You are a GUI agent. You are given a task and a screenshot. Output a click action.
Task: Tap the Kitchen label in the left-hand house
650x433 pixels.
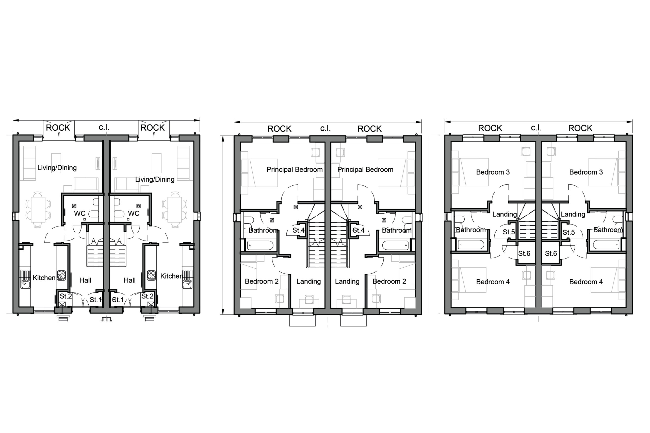click(44, 278)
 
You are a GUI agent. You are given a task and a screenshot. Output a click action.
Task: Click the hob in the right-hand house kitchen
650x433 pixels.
click(151, 275)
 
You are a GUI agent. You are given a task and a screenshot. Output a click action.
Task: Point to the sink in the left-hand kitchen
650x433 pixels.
click(25, 279)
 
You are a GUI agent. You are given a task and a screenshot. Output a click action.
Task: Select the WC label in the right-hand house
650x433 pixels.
click(134, 214)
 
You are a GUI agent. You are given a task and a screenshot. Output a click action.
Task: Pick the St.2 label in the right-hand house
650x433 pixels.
click(147, 296)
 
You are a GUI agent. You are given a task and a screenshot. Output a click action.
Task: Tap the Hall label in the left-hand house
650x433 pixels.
click(85, 281)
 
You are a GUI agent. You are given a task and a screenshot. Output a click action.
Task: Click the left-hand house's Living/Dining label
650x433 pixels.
click(57, 168)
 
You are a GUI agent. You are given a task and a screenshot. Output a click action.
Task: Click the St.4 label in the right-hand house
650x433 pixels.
click(359, 230)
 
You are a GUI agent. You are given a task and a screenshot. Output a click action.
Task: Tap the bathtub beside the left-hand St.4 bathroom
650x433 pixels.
click(260, 245)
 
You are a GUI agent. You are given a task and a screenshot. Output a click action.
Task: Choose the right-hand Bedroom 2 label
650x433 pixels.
click(389, 282)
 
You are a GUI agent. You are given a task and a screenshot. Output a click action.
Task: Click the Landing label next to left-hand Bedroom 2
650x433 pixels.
click(309, 282)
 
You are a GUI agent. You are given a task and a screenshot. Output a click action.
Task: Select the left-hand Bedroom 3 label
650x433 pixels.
click(493, 172)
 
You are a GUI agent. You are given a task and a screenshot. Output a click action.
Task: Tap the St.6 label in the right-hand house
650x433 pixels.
click(551, 253)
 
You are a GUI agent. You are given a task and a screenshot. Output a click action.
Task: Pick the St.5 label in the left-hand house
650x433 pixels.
click(509, 232)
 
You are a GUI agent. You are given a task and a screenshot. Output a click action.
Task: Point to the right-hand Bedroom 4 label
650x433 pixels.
click(586, 282)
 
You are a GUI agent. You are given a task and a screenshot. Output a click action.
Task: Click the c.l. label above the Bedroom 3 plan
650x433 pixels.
click(536, 128)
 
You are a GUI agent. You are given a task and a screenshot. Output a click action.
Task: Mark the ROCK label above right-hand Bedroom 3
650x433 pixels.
click(580, 128)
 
